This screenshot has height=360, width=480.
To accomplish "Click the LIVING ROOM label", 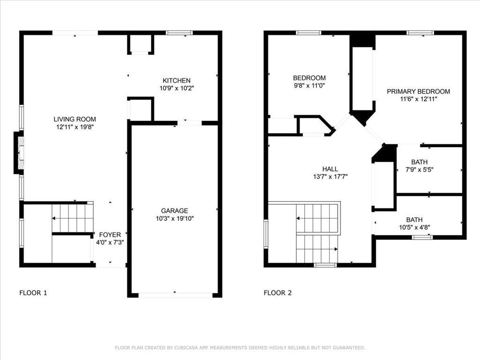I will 75,119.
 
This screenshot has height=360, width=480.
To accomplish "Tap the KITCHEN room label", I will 176,81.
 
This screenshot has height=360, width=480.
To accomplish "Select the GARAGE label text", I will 174,211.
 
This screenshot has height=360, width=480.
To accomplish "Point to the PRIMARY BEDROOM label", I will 418,91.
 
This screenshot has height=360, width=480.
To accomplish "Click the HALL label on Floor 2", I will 330,169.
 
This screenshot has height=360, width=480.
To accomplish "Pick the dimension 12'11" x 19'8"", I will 75,127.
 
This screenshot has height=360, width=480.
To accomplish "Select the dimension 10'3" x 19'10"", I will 174,218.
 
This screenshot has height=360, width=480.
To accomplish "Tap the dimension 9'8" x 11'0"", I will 309,86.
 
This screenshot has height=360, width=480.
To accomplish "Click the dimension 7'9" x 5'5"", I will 419,170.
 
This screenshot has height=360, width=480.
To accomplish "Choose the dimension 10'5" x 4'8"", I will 414,227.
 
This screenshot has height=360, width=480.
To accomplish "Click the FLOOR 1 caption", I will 33,293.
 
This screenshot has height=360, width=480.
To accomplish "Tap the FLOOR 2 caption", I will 278,293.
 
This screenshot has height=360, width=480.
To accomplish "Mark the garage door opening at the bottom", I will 175,295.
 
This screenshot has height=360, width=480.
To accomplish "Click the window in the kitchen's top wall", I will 180,33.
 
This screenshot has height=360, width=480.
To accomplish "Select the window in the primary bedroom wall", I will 420,33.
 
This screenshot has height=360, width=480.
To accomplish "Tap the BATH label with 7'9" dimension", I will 419,162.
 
